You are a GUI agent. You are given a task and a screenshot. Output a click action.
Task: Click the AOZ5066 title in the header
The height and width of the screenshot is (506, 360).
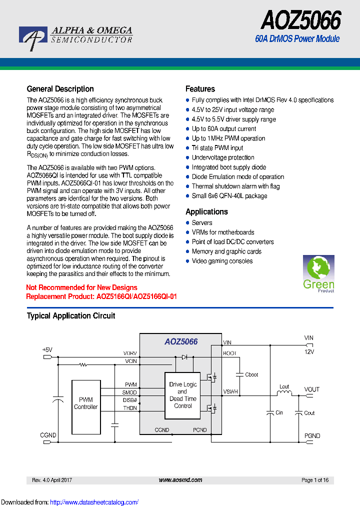click(x=301, y=20)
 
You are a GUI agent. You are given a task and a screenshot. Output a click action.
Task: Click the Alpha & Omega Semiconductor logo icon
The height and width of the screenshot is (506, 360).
click(x=33, y=38)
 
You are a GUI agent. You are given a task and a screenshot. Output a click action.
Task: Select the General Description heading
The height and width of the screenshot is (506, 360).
click(x=60, y=89)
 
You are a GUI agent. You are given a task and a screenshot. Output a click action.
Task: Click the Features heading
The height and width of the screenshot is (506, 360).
click(x=200, y=89)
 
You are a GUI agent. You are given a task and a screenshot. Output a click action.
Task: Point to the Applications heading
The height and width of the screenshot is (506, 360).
click(x=206, y=211)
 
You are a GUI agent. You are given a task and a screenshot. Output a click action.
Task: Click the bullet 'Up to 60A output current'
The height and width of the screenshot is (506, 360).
click(x=223, y=129)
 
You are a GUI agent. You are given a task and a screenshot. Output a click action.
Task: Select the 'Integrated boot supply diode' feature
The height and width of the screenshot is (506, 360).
click(x=228, y=167)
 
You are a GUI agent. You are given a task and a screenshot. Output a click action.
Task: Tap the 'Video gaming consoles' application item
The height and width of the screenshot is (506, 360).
click(x=222, y=261)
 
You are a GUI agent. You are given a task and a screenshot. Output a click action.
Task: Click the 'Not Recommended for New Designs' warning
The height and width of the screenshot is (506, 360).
click(x=81, y=287)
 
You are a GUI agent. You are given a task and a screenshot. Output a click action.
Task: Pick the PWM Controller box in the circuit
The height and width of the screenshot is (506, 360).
click(x=86, y=403)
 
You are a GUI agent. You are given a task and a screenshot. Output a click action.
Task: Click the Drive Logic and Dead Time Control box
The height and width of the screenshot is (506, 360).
click(x=182, y=395)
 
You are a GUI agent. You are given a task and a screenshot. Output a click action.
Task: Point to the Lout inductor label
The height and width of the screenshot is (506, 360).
click(x=284, y=386)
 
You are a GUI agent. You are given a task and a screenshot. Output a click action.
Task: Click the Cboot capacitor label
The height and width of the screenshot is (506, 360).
click(x=252, y=374)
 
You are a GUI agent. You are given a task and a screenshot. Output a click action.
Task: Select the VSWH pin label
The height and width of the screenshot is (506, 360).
click(x=230, y=391)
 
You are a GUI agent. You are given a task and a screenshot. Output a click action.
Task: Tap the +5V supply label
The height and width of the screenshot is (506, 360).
click(x=47, y=350)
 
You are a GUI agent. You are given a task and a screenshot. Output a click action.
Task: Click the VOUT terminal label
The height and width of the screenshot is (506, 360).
click(x=311, y=389)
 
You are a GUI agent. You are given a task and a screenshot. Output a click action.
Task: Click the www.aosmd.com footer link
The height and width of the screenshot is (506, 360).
click(x=180, y=480)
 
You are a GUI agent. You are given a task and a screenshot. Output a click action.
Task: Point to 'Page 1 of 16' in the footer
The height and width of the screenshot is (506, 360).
click(x=315, y=480)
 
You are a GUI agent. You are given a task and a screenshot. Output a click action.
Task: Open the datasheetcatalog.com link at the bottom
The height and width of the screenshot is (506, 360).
click(x=94, y=502)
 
